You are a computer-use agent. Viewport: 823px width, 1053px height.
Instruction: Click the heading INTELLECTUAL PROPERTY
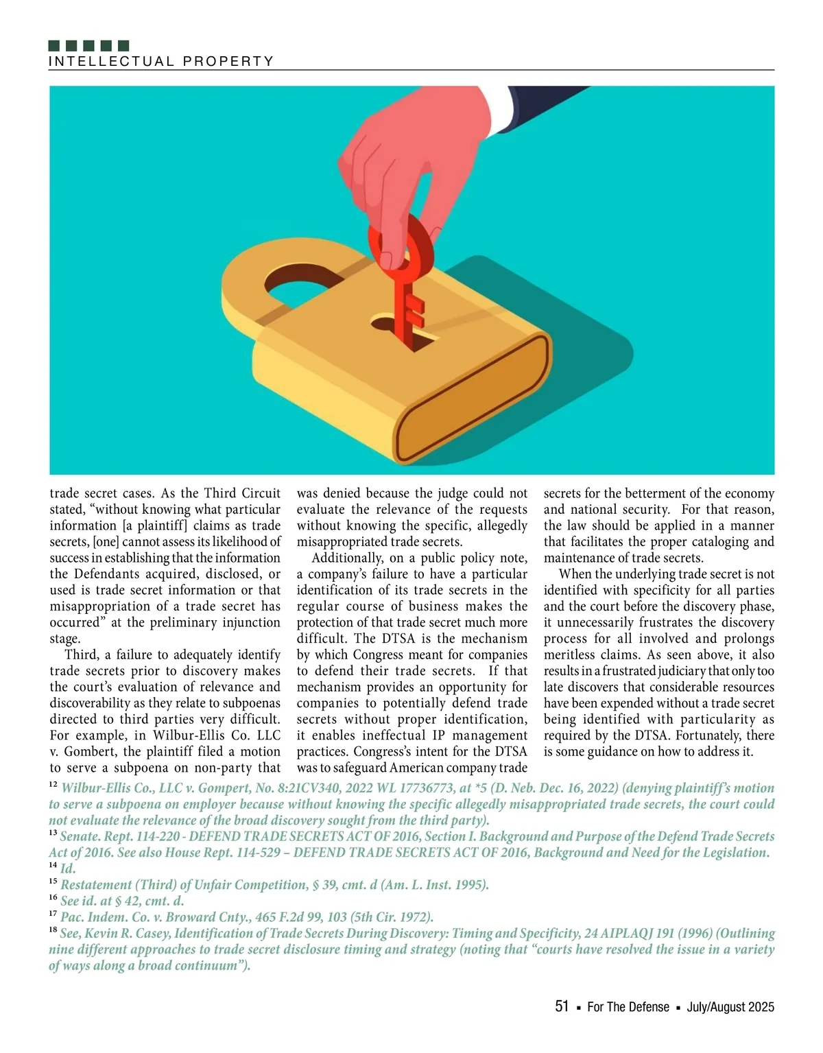coord(161,61)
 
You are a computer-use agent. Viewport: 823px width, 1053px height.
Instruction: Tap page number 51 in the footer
coord(562,1006)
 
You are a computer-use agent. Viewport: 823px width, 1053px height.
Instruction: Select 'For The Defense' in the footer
coord(628,1007)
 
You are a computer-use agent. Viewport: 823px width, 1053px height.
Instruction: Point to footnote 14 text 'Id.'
coord(68,868)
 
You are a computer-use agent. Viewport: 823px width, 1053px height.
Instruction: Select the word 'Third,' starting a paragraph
coord(82,655)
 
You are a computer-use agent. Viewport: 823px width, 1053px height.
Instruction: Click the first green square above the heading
coord(55,46)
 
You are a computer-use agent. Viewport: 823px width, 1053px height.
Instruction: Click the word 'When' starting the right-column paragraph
coord(575,574)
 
